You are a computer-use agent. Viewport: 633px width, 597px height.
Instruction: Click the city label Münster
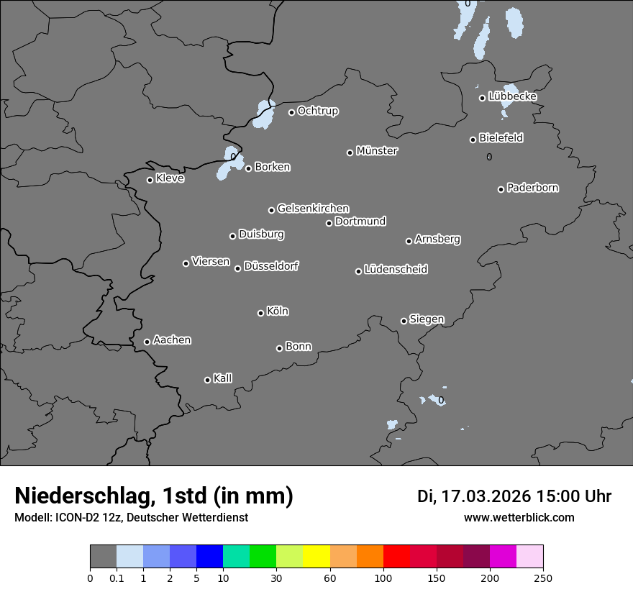click(377, 151)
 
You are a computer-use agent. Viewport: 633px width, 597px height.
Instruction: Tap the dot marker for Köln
click(260, 313)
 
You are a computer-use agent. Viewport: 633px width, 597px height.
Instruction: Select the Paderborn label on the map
click(533, 188)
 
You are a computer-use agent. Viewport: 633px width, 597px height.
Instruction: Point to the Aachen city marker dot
click(147, 342)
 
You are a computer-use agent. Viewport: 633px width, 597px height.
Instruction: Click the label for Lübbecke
click(513, 96)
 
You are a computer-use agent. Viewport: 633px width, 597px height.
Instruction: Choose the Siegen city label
click(427, 319)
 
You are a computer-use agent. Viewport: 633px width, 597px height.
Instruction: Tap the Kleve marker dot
click(150, 180)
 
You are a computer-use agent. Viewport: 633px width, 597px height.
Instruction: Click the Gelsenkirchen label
click(313, 209)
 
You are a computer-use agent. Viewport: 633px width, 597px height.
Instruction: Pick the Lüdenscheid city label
click(396, 270)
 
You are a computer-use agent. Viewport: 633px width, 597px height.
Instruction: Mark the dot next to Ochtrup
click(291, 112)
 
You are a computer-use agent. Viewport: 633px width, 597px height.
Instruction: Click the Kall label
click(222, 378)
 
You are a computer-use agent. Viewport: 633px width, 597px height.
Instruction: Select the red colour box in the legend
click(396, 557)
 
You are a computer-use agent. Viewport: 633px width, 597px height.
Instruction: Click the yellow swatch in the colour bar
click(316, 557)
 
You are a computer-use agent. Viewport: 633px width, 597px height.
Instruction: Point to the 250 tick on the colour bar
click(543, 578)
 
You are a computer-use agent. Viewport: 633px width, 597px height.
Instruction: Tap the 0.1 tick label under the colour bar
click(117, 578)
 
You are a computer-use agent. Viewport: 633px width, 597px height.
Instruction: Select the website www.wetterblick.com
click(519, 517)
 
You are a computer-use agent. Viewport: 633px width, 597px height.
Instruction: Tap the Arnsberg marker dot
click(409, 241)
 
